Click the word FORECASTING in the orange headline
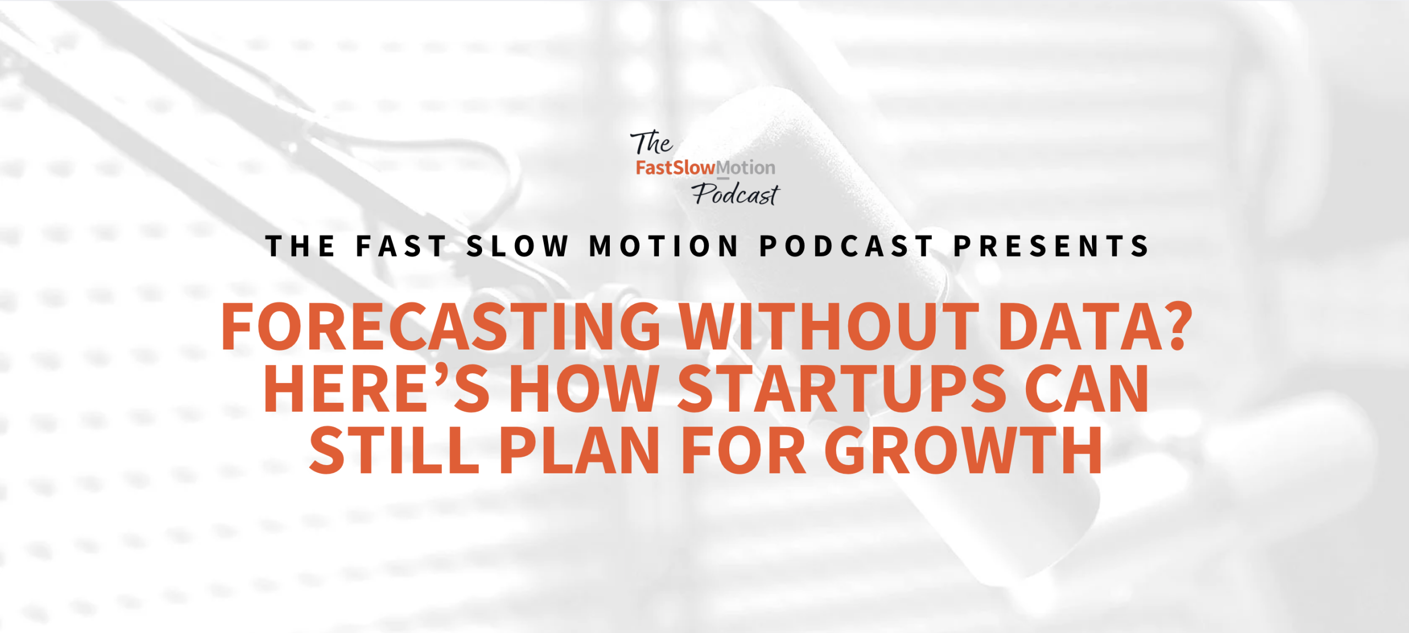440,326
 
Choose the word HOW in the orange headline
585,389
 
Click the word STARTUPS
842,389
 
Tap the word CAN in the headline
1086,389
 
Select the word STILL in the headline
394,450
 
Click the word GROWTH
963,450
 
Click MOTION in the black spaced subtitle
664,246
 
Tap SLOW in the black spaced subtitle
517,246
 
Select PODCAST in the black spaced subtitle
846,246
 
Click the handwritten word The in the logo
652,143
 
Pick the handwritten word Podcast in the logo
736,194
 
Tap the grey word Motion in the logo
746,167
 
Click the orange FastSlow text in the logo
676,167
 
